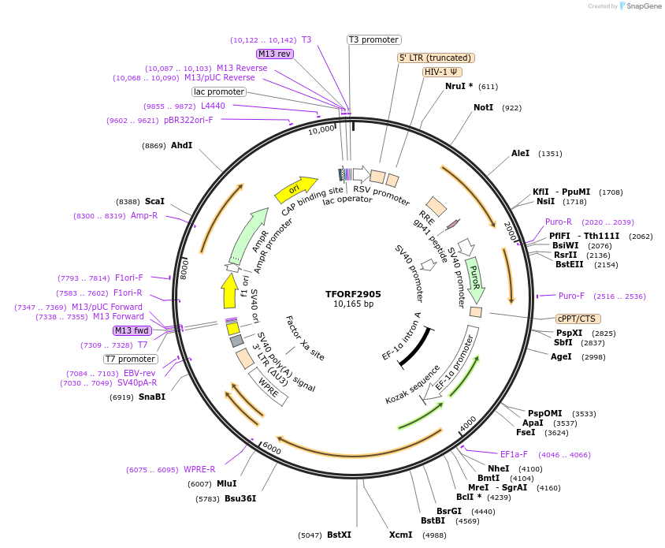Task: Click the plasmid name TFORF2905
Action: [x=352, y=293]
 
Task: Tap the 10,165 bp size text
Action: [x=353, y=304]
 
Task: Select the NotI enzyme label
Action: [x=483, y=107]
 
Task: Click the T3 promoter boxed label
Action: [x=374, y=39]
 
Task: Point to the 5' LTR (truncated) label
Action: [x=435, y=58]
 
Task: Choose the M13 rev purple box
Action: [x=274, y=54]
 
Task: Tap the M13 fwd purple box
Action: [x=131, y=330]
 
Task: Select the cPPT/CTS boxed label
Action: [x=578, y=319]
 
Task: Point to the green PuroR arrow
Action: [x=474, y=277]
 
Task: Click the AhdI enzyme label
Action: [x=181, y=145]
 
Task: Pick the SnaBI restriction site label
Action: [x=152, y=397]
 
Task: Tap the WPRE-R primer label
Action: [x=199, y=469]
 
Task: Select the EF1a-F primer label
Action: [x=514, y=454]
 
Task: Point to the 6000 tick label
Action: [x=271, y=448]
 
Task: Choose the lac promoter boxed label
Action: [x=218, y=91]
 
